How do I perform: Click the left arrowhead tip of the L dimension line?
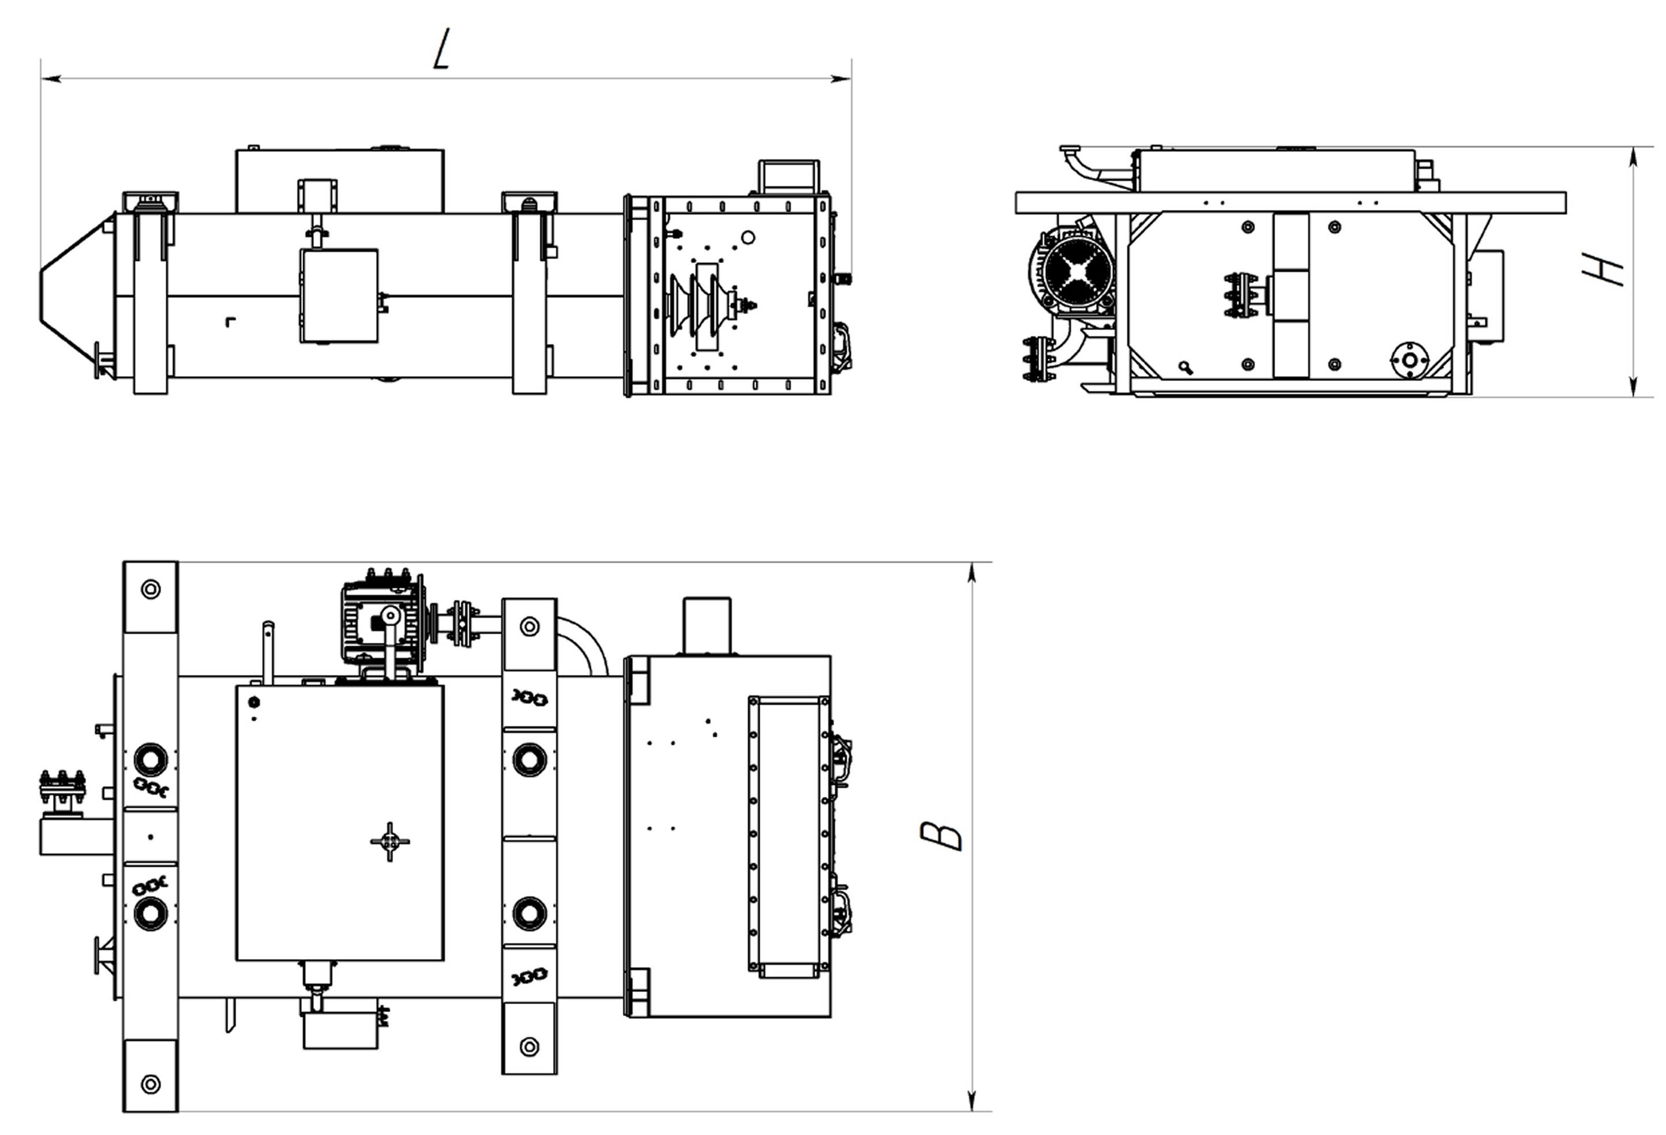coord(42,78)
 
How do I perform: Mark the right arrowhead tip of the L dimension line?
coord(851,78)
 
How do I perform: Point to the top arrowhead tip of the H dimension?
coord(1633,147)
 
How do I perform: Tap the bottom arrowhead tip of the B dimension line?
coord(972,1111)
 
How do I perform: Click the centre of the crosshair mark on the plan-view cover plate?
coord(389,841)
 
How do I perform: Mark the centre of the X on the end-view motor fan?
coord(1079,272)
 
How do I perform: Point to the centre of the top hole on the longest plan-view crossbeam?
coord(151,589)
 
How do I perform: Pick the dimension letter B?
coord(940,836)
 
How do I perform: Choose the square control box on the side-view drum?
coord(339,295)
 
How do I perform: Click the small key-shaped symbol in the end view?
coord(1185,368)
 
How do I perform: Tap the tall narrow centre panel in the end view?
coord(1291,294)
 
